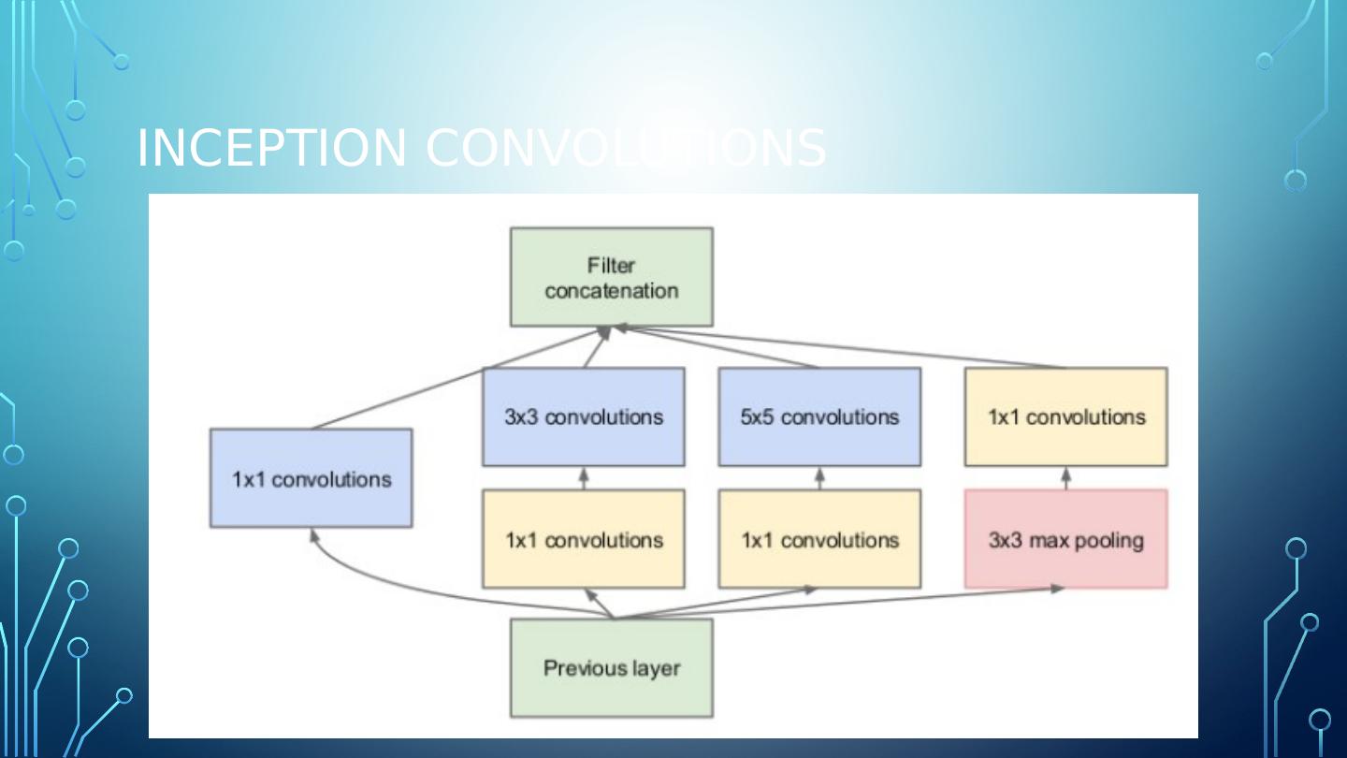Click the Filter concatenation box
pos(612,277)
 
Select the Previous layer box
pos(612,668)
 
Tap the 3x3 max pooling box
pos(1065,539)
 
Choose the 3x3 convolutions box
pos(584,416)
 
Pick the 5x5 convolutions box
pos(819,416)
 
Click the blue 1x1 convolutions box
pos(311,478)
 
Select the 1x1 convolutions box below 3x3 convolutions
pos(584,539)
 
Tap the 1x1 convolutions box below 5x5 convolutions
pos(819,539)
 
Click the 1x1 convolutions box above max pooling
pos(1065,416)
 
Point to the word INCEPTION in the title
pos(272,148)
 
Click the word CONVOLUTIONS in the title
pos(626,148)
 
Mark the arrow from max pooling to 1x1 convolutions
pos(1065,477)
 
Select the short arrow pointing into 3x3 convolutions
pos(584,477)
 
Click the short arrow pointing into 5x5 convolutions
pos(819,477)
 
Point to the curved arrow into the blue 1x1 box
pos(393,582)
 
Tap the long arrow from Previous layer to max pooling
pos(842,604)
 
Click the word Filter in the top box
pos(611,266)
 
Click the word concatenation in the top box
pos(612,290)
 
